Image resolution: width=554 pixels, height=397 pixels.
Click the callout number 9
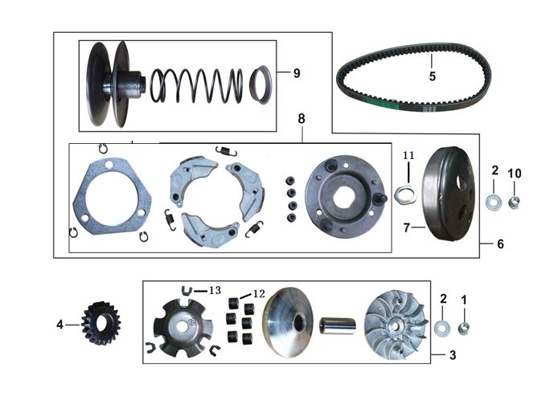coord(297,73)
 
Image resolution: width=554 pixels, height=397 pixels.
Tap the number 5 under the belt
coord(433,76)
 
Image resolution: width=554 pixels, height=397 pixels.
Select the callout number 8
coord(301,119)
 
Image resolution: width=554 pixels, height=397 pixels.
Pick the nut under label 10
coord(514,203)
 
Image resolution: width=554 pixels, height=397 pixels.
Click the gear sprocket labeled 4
coord(101,323)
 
